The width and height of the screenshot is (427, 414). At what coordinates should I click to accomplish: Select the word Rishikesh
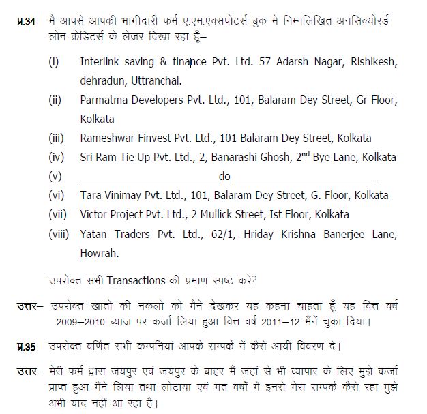370,62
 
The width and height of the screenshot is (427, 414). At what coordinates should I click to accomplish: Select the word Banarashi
228,157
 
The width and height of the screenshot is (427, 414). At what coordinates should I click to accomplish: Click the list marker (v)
56,176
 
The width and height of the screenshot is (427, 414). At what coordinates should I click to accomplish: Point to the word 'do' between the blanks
224,176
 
